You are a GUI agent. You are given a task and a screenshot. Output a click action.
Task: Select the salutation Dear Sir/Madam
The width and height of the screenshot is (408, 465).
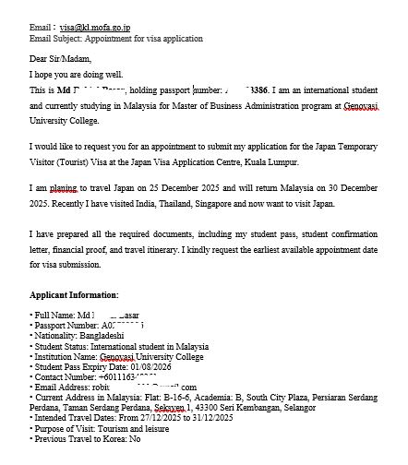pyautogui.click(x=60, y=59)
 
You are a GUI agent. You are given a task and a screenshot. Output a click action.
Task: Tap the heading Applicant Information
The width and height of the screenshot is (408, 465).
pyautogui.click(x=74, y=294)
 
